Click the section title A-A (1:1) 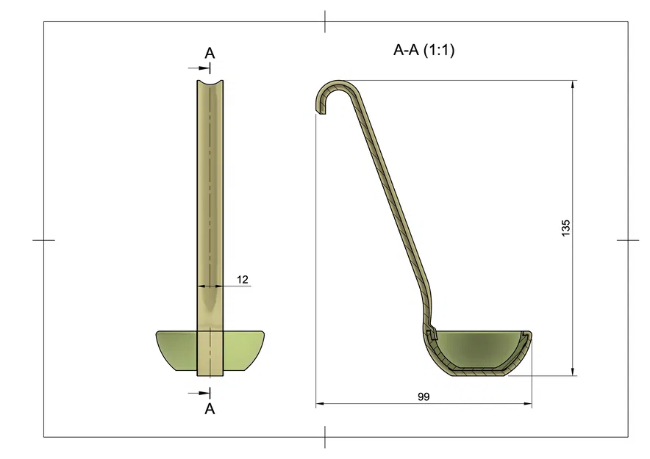click(x=427, y=51)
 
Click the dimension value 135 click(x=565, y=228)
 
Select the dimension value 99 click(x=423, y=397)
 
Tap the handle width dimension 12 click(x=243, y=279)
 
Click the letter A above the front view click(x=210, y=53)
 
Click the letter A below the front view click(x=210, y=409)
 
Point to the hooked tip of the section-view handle click(x=321, y=110)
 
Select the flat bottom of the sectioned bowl click(x=478, y=372)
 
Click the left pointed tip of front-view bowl click(x=157, y=333)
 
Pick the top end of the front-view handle click(x=210, y=82)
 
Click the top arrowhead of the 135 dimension click(x=573, y=84)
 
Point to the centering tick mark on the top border click(x=325, y=21)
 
